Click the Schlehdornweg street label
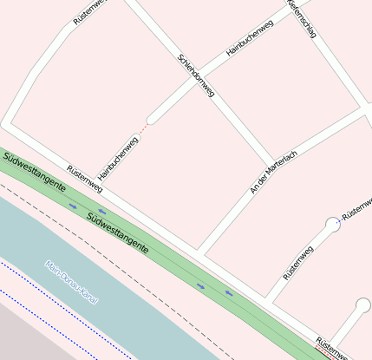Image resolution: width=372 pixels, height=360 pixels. tap(195, 75)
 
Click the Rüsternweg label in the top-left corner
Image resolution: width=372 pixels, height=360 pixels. tap(90, 12)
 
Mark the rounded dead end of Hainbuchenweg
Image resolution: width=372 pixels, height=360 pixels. tap(153, 117)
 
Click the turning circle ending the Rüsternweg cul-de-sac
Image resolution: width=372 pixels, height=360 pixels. tap(333, 224)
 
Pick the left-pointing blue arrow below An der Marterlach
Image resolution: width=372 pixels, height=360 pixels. tap(230, 293)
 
